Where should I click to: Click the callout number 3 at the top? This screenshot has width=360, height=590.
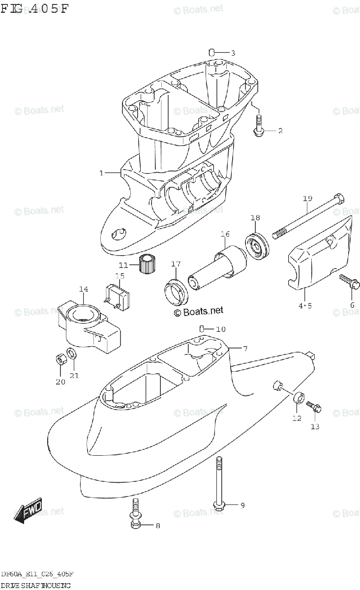coord(233,53)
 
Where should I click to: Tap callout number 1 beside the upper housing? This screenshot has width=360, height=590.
coord(101,173)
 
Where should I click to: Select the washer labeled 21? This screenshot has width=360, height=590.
coord(72,354)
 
